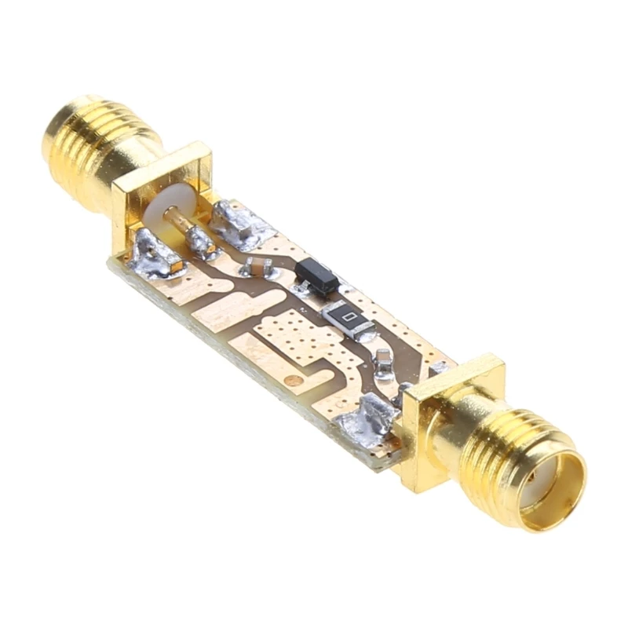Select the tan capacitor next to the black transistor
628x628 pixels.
257,266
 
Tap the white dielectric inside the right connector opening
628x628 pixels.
542,480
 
